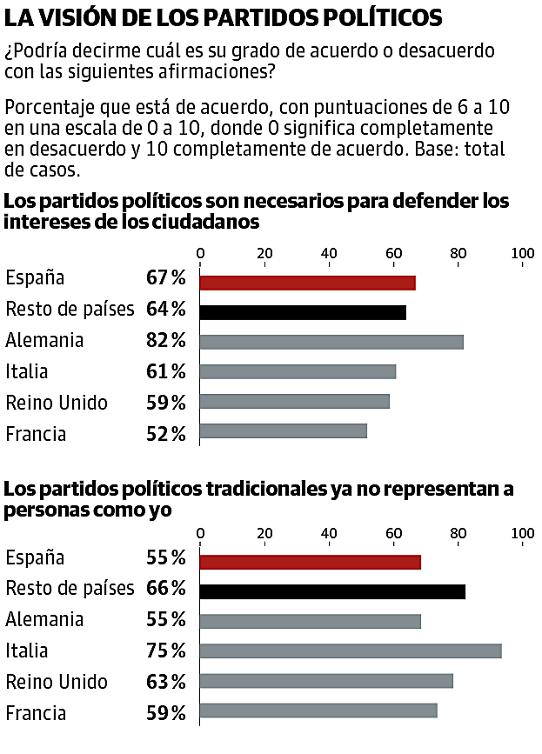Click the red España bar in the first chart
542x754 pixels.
coord(307,283)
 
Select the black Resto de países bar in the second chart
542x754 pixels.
coord(332,592)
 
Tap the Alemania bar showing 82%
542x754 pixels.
coord(331,342)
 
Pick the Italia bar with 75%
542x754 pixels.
coord(351,651)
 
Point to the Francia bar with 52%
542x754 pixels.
coord(284,430)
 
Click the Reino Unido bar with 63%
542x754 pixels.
coord(326,681)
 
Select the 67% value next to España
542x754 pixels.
coord(166,278)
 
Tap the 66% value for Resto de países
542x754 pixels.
coord(166,589)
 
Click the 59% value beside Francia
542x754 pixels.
coord(166,714)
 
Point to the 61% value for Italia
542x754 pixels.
coord(166,372)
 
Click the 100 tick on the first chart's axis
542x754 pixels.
coord(523,254)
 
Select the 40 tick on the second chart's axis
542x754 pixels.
coord(330,533)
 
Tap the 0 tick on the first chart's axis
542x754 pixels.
coord(201,254)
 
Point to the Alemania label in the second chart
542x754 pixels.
coord(44,620)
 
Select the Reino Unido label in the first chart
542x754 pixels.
coord(57,403)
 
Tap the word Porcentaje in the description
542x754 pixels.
coord(48,109)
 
